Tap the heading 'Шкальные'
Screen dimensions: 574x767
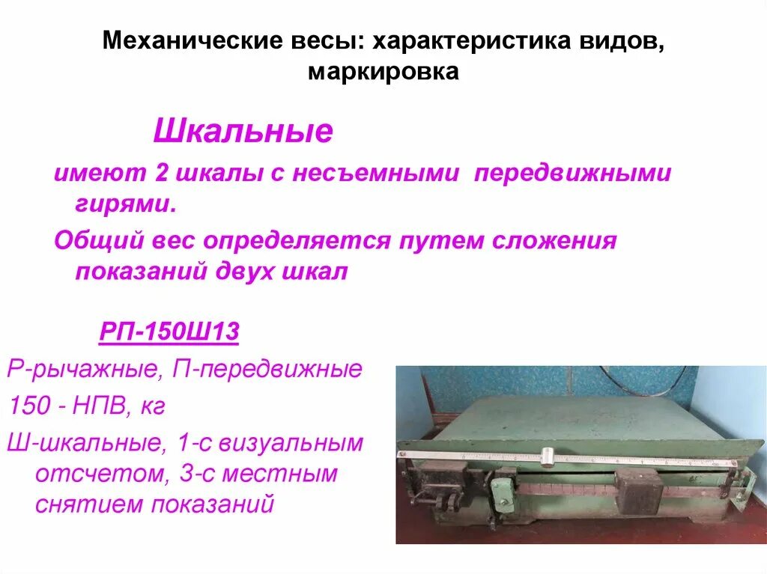(243, 132)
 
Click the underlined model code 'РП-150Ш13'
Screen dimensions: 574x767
(169, 332)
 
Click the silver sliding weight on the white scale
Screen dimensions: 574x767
(548, 456)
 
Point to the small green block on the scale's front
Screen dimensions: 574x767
(502, 494)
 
